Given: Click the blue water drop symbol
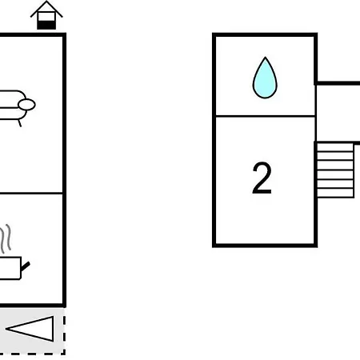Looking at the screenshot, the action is [265, 78].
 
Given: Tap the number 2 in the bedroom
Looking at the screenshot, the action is [262, 178].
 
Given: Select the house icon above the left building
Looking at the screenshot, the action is [46, 15].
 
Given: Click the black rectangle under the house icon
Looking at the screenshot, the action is [46, 25].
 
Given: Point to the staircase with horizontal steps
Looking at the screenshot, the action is [335, 170].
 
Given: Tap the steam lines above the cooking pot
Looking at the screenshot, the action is [6, 238].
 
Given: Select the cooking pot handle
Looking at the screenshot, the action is [26, 266].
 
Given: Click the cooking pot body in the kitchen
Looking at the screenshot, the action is [10, 268].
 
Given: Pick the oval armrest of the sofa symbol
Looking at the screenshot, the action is [26, 105].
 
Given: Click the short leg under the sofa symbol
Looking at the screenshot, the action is [19, 123].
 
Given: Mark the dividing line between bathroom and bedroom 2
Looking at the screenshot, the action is [265, 116].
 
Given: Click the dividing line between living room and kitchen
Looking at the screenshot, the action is [31, 193].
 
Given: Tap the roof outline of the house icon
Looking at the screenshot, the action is [46, 9].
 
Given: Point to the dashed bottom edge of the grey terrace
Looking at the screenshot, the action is [33, 354].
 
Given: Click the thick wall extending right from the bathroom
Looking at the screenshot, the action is [338, 83].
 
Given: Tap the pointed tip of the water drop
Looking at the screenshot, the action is [265, 57].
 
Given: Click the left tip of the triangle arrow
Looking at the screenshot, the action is [6, 329].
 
